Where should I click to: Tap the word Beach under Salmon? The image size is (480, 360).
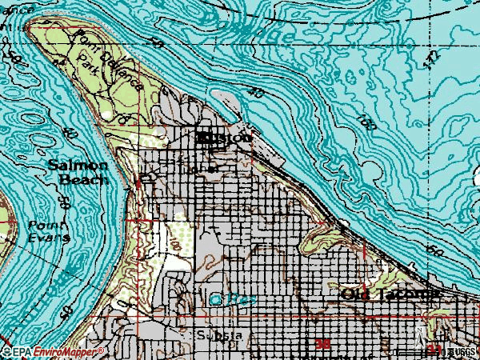pos(82,180)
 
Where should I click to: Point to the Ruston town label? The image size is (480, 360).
pos(224,138)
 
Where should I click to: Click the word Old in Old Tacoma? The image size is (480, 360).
pos(356,294)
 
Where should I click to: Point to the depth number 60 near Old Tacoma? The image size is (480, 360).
pos(436,250)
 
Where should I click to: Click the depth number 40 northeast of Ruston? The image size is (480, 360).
pos(256,93)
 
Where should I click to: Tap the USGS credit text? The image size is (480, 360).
pos(463,351)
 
